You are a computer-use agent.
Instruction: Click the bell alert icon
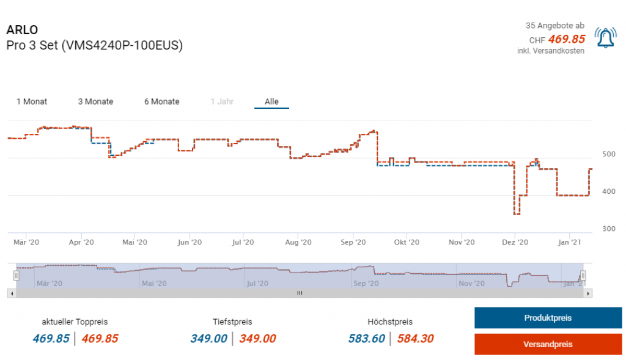(605, 38)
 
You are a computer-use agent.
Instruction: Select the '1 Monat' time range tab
(32, 101)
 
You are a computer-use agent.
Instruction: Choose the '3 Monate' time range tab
(95, 101)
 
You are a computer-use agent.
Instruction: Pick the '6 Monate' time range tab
(162, 101)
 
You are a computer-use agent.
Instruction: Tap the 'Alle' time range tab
(271, 101)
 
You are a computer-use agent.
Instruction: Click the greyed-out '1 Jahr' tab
(222, 101)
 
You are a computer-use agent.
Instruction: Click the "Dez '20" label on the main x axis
(515, 242)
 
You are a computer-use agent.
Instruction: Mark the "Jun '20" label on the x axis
(190, 242)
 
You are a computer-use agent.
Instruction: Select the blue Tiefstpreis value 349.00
(208, 339)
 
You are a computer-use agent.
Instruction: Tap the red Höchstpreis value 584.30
(416, 339)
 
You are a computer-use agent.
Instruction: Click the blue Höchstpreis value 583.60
(367, 339)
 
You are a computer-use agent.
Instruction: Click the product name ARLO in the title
(23, 30)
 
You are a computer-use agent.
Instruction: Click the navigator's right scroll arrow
(588, 293)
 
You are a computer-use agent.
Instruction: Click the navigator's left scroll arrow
(10, 293)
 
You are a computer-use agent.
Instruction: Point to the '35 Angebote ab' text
(554, 26)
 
